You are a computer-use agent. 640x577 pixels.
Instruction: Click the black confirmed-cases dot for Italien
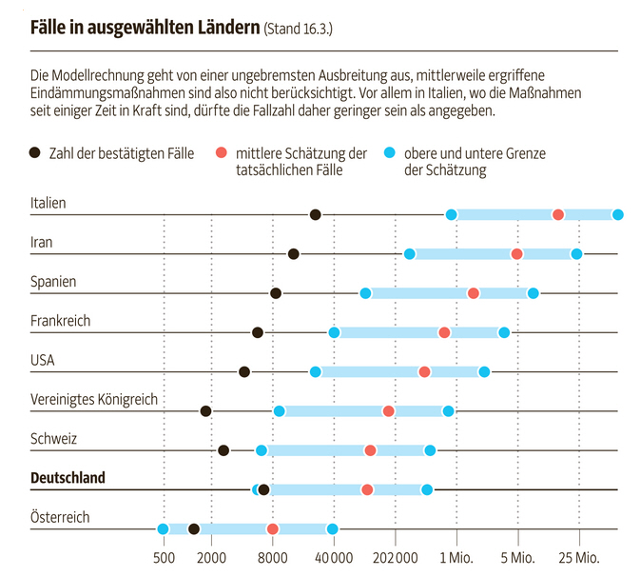316,214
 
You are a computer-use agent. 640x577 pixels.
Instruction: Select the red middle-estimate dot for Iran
516,253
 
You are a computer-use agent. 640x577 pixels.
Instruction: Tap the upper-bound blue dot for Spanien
533,292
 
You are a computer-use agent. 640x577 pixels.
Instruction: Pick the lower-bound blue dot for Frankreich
334,332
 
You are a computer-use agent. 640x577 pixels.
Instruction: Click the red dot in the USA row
424,371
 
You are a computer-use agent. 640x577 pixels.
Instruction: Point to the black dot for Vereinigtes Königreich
205,410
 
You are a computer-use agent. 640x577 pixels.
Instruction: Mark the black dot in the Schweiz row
223,450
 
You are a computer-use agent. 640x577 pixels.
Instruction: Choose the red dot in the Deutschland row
367,489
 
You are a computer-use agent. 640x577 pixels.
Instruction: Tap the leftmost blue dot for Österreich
163,528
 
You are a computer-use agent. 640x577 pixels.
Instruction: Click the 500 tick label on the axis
164,556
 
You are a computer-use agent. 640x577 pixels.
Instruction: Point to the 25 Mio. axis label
579,556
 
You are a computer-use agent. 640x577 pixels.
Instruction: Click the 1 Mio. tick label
456,556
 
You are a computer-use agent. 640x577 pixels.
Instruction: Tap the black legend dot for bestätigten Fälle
36,153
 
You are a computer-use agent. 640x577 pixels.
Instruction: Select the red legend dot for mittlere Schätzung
221,153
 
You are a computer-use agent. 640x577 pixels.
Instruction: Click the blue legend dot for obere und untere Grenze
388,153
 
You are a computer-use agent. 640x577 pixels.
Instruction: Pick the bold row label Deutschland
68,477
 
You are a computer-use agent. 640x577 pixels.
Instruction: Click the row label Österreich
60,517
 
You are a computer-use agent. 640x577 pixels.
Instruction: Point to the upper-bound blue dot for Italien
618,214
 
